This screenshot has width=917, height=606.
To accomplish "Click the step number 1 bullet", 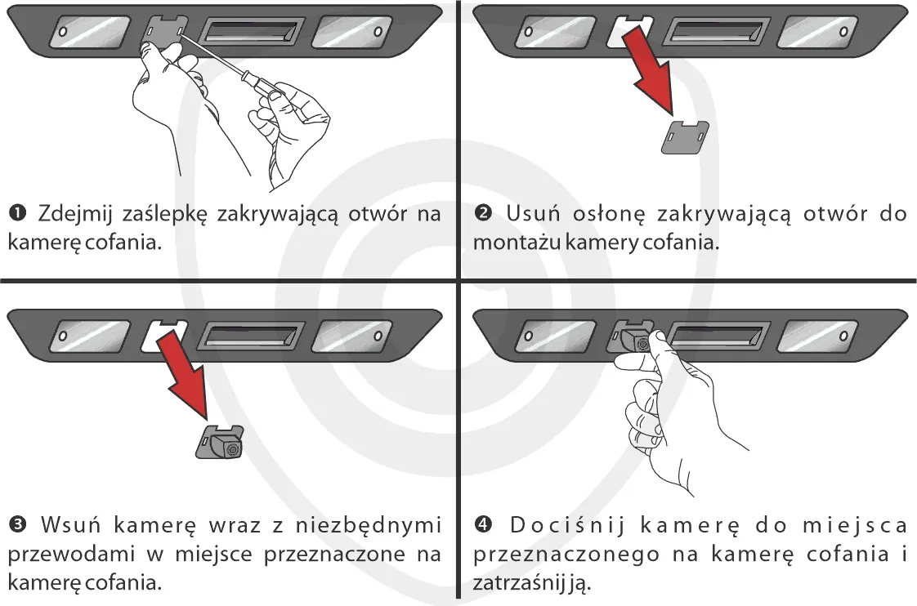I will click(16, 215).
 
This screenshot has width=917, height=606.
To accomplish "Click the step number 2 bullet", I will click(482, 215).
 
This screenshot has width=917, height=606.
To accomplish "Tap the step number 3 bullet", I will click(16, 523).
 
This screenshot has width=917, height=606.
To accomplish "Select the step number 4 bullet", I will click(482, 523).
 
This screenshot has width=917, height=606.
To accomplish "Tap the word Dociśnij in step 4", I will click(557, 523).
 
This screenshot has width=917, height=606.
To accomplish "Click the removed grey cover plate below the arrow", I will click(684, 136).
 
